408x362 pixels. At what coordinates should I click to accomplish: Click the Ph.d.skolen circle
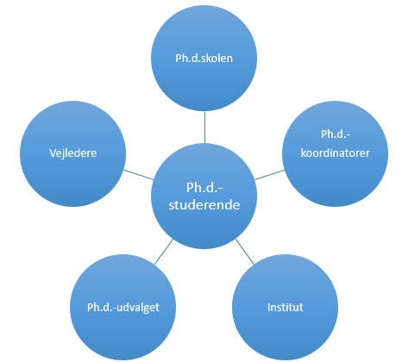click(204, 58)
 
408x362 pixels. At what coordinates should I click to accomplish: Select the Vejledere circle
click(72, 153)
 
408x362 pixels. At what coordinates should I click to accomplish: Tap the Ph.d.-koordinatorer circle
click(335, 153)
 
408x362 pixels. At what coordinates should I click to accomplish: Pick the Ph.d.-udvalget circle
click(122, 307)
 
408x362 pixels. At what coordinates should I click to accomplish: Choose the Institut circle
click(285, 307)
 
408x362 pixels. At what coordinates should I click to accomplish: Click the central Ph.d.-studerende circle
click(204, 196)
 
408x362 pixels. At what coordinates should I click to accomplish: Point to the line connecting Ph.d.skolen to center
click(204, 128)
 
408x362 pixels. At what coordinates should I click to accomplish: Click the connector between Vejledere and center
click(139, 175)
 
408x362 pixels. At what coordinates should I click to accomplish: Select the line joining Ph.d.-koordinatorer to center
click(270, 175)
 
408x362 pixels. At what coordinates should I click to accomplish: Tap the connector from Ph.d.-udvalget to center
click(164, 252)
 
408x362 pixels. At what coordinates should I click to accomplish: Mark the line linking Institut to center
click(245, 252)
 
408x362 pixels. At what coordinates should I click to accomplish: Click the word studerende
click(204, 205)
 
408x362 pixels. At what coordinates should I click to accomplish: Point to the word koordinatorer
click(336, 153)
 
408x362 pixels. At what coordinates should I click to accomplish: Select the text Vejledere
click(73, 153)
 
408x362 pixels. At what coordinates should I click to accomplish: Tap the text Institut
click(286, 307)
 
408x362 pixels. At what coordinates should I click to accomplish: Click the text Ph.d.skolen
click(204, 59)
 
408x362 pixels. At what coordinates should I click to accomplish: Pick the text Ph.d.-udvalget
click(123, 308)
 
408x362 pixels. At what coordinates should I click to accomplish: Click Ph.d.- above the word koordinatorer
click(336, 134)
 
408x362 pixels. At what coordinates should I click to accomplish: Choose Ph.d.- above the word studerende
click(204, 188)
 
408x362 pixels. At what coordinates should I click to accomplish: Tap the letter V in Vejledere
click(53, 153)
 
